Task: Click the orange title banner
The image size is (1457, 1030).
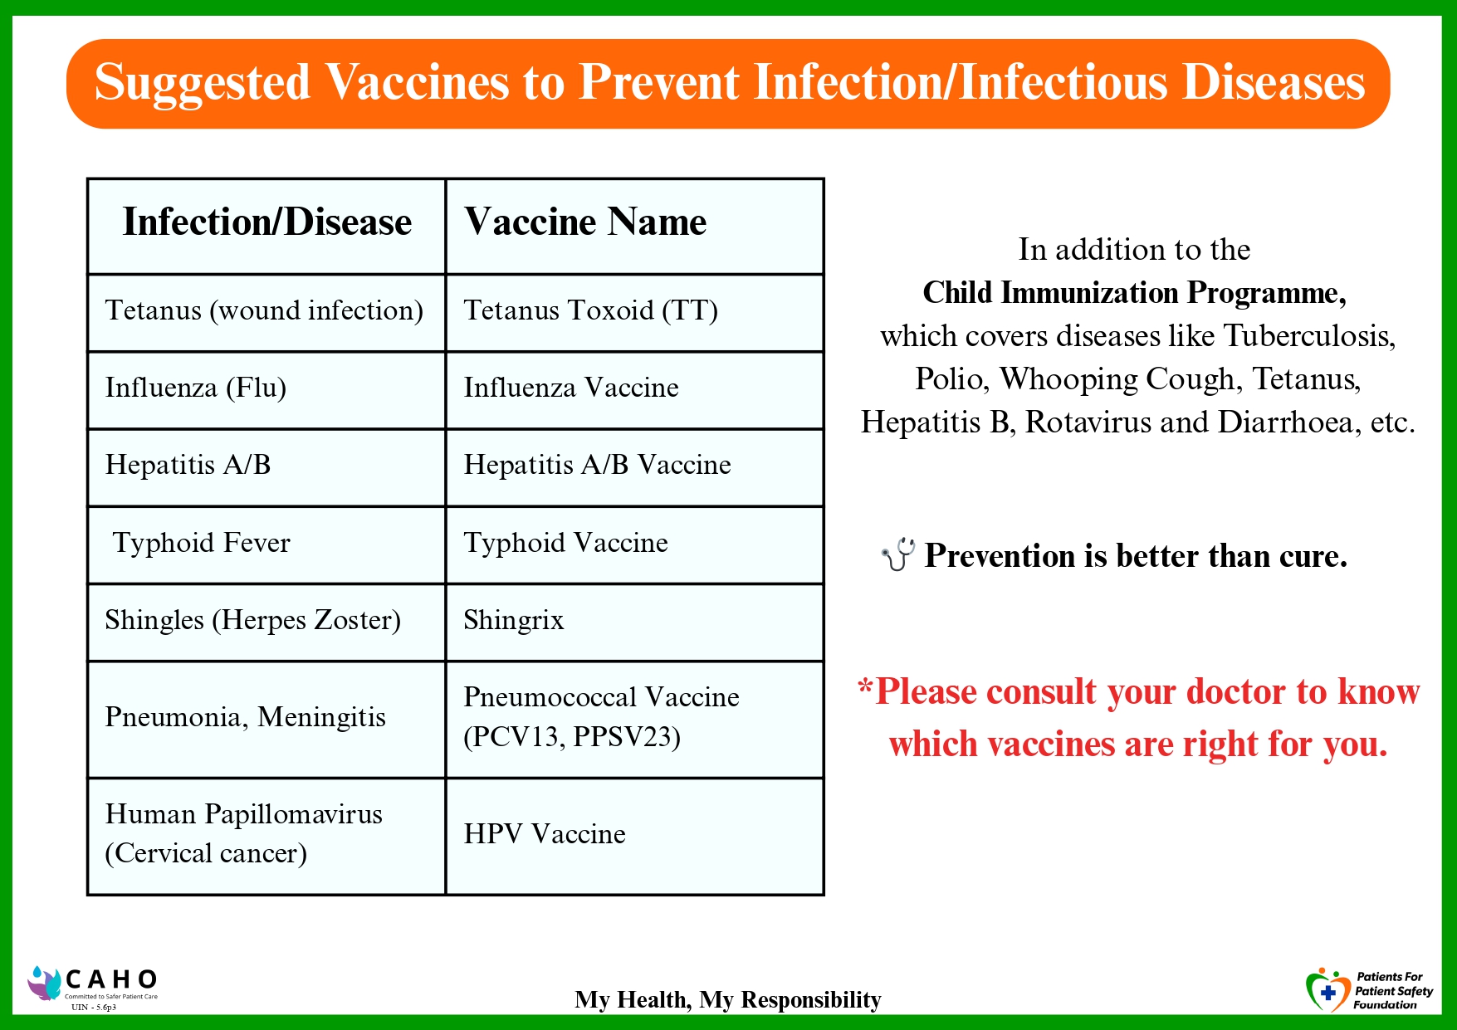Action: tap(728, 83)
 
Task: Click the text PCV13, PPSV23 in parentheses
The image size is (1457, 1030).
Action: tap(572, 736)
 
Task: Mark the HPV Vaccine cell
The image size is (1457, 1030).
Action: tap(634, 837)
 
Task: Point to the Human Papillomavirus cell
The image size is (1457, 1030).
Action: tap(266, 837)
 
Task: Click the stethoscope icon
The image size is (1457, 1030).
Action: tap(898, 554)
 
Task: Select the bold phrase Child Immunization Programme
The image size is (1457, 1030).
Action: tap(1134, 293)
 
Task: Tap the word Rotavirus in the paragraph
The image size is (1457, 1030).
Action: tap(1088, 422)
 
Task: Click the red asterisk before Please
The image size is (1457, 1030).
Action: tap(866, 687)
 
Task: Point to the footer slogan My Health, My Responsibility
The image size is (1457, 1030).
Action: tap(728, 1000)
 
